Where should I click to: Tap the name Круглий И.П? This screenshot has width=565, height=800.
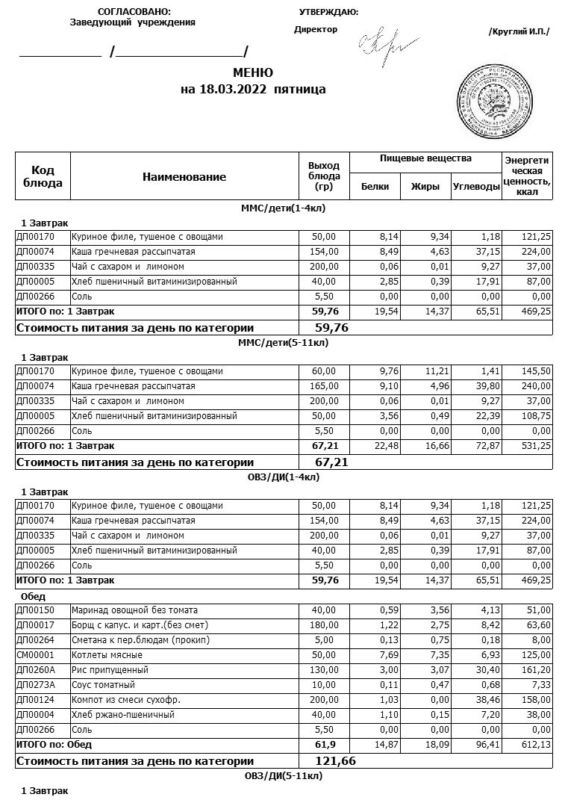coord(519,31)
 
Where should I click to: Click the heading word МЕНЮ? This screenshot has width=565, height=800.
coord(253,72)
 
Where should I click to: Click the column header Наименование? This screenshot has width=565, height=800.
coord(184,177)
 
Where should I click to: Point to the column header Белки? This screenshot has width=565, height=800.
coord(375,187)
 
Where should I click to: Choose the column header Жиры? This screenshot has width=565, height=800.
coord(425,187)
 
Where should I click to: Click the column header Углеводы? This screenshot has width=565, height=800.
coord(476,187)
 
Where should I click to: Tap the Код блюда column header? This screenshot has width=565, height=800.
coord(43,177)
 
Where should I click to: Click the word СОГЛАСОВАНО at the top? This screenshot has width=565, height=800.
coord(134,12)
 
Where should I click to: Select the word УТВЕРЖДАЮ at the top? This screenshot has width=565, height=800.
coord(328,12)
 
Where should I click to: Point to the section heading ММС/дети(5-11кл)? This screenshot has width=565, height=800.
coord(283,343)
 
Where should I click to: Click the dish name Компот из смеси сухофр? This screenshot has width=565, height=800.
coord(116,700)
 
